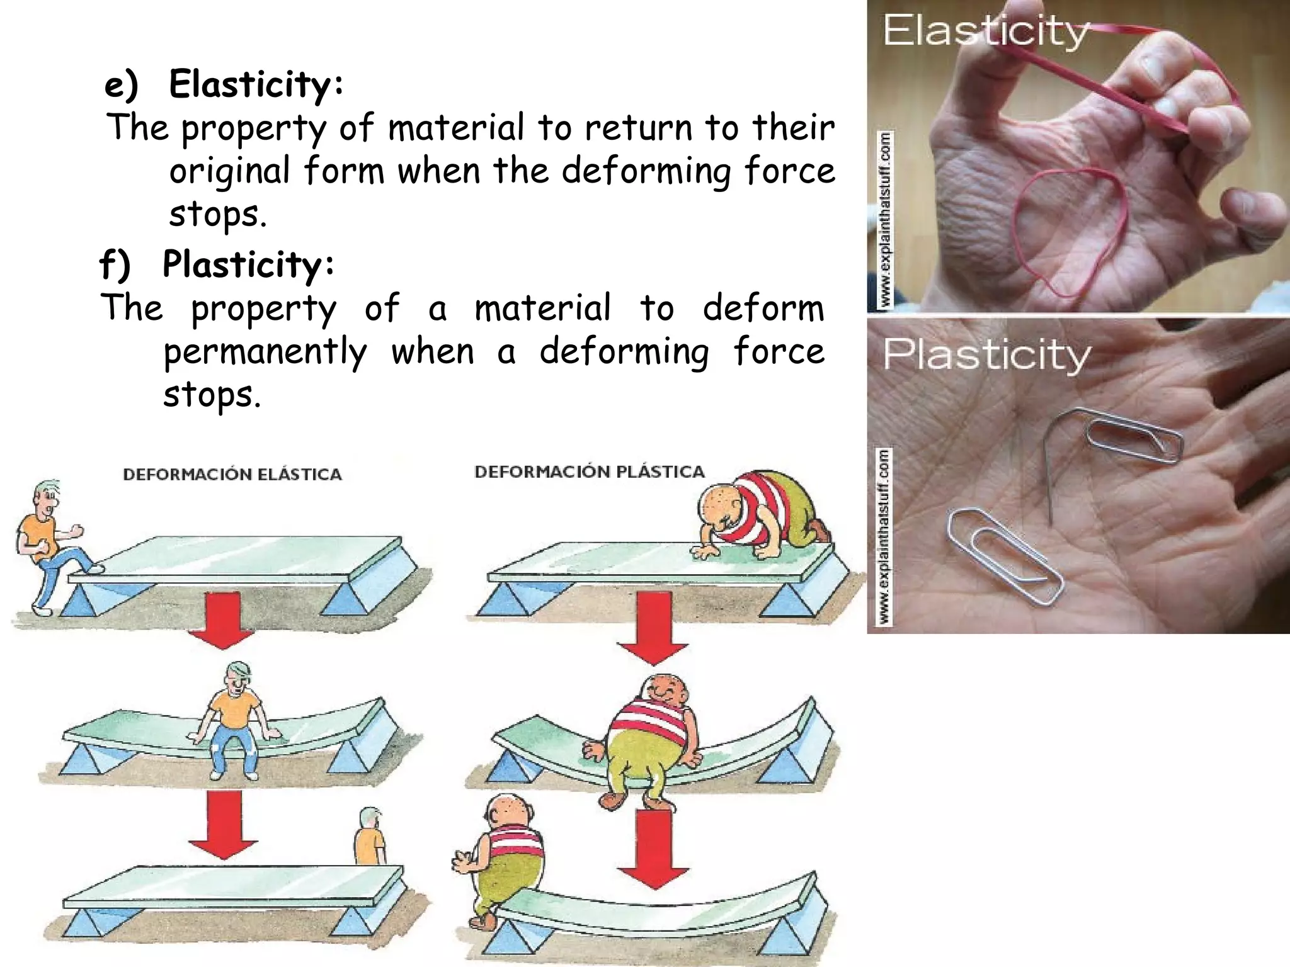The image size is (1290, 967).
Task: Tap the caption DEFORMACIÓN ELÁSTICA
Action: [x=232, y=474]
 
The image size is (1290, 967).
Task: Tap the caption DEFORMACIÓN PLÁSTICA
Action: [x=589, y=472]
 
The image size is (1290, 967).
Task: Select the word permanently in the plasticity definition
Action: [x=265, y=351]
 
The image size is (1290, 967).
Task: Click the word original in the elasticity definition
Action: [x=229, y=171]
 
